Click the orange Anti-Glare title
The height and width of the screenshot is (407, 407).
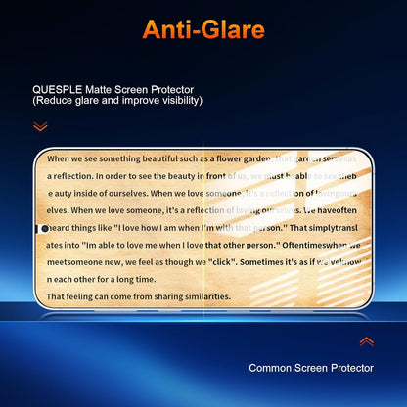[x=203, y=28]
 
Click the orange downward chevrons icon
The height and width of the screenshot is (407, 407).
[x=40, y=126]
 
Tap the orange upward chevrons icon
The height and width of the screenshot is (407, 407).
[x=367, y=341]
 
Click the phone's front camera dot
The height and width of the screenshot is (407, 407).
[x=44, y=229]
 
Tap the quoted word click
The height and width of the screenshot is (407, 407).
[x=223, y=262]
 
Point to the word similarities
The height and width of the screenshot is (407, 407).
[x=199, y=296]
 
